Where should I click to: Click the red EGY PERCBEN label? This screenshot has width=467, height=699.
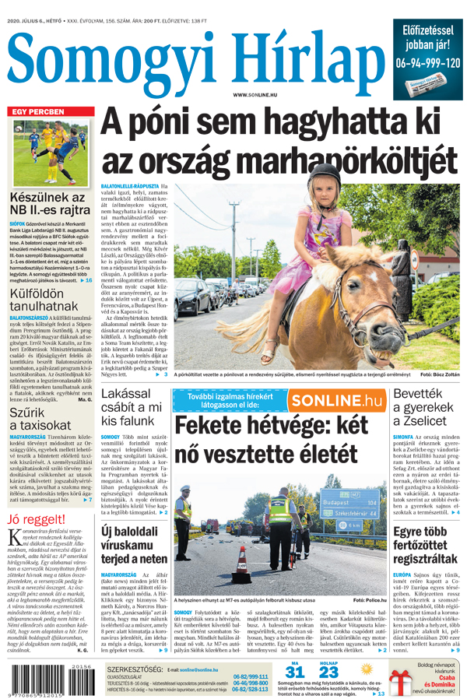[x=36, y=112]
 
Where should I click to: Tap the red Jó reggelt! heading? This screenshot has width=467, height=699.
[x=36, y=520]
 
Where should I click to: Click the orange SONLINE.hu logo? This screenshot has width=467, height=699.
[x=338, y=400]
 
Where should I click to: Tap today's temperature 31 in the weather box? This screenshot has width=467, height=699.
[x=294, y=673]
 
